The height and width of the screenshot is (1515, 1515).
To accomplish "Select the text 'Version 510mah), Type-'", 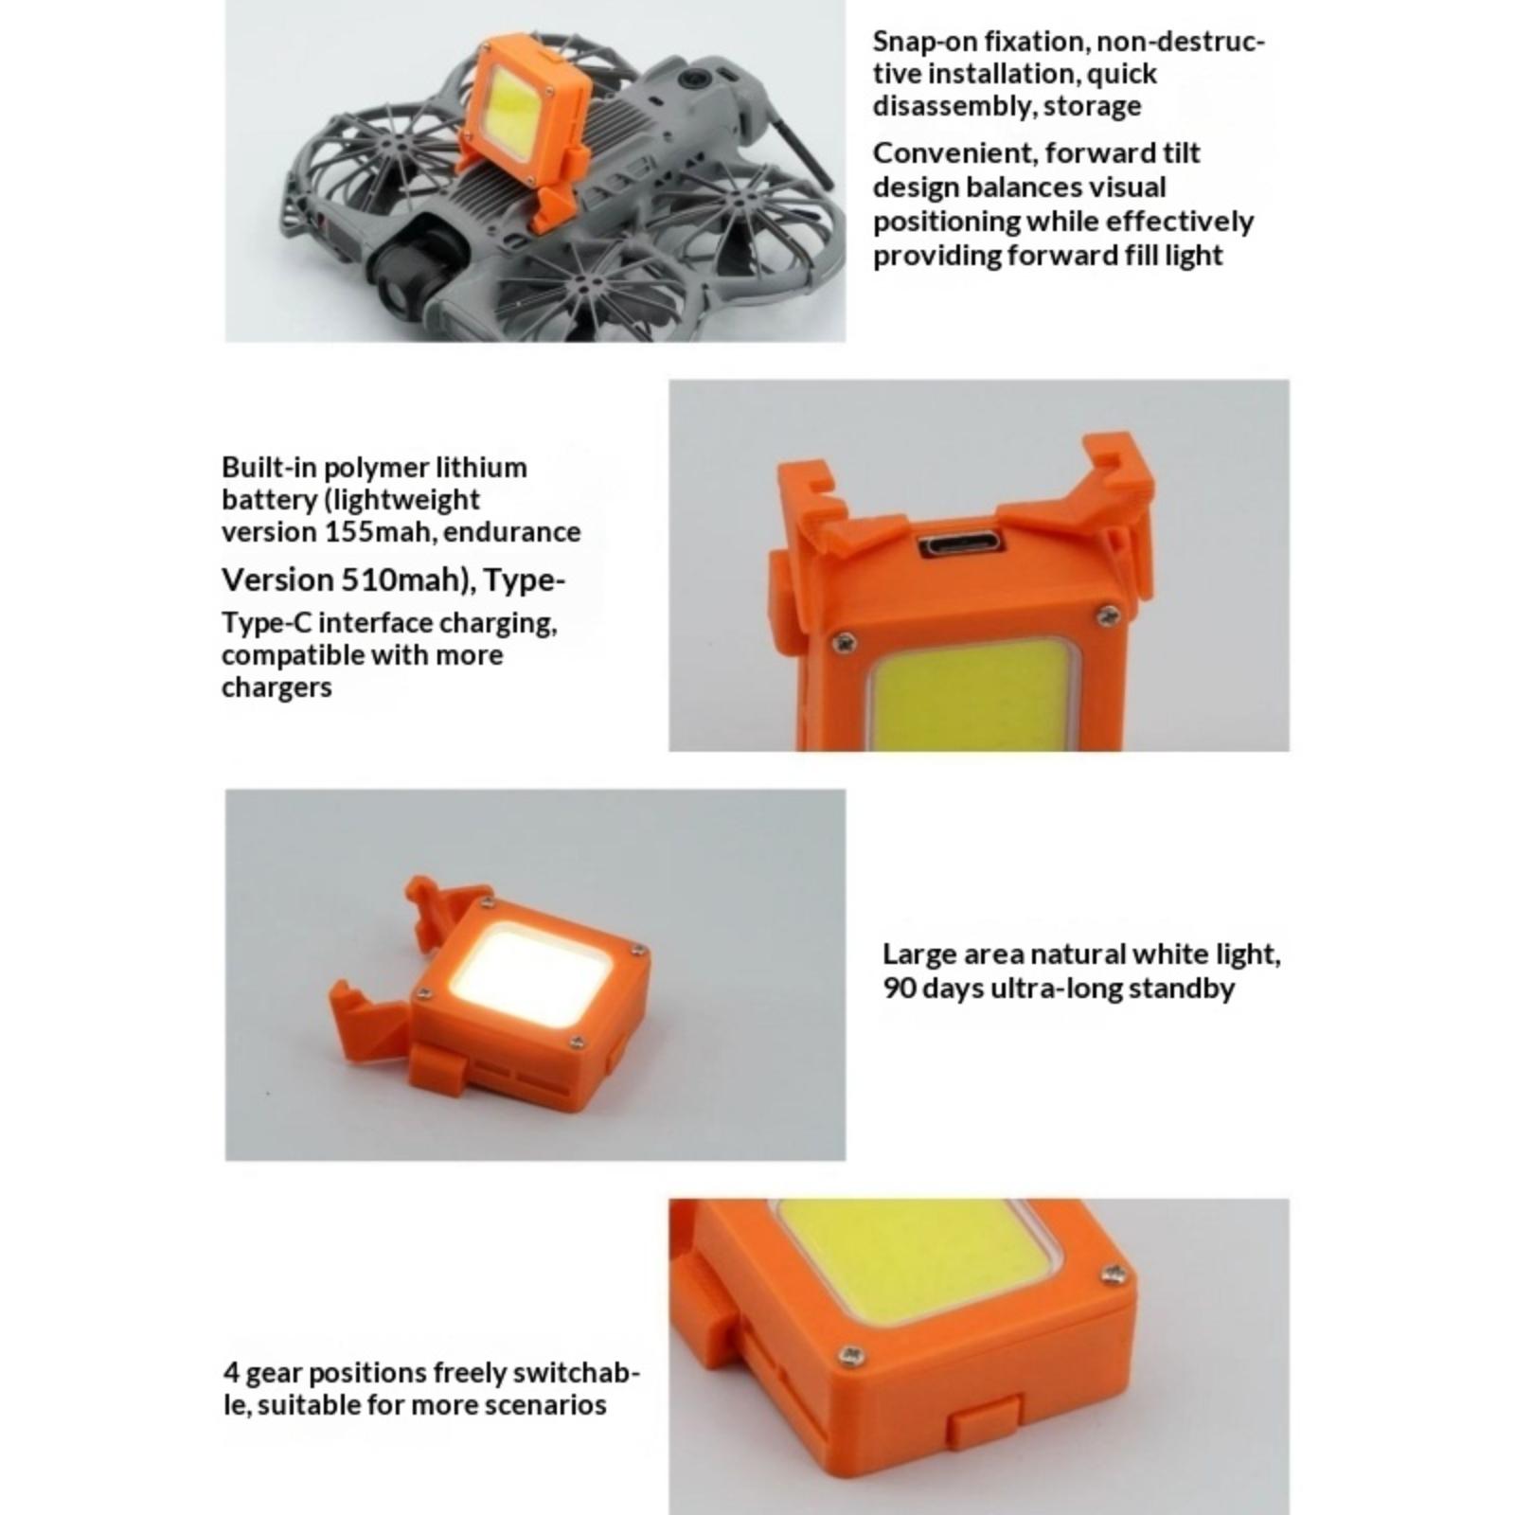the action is pyautogui.click(x=393, y=579).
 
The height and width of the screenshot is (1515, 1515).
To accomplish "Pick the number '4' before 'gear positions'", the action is pyautogui.click(x=231, y=1373).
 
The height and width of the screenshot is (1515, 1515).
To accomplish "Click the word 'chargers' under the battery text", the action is pyautogui.click(x=276, y=688).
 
